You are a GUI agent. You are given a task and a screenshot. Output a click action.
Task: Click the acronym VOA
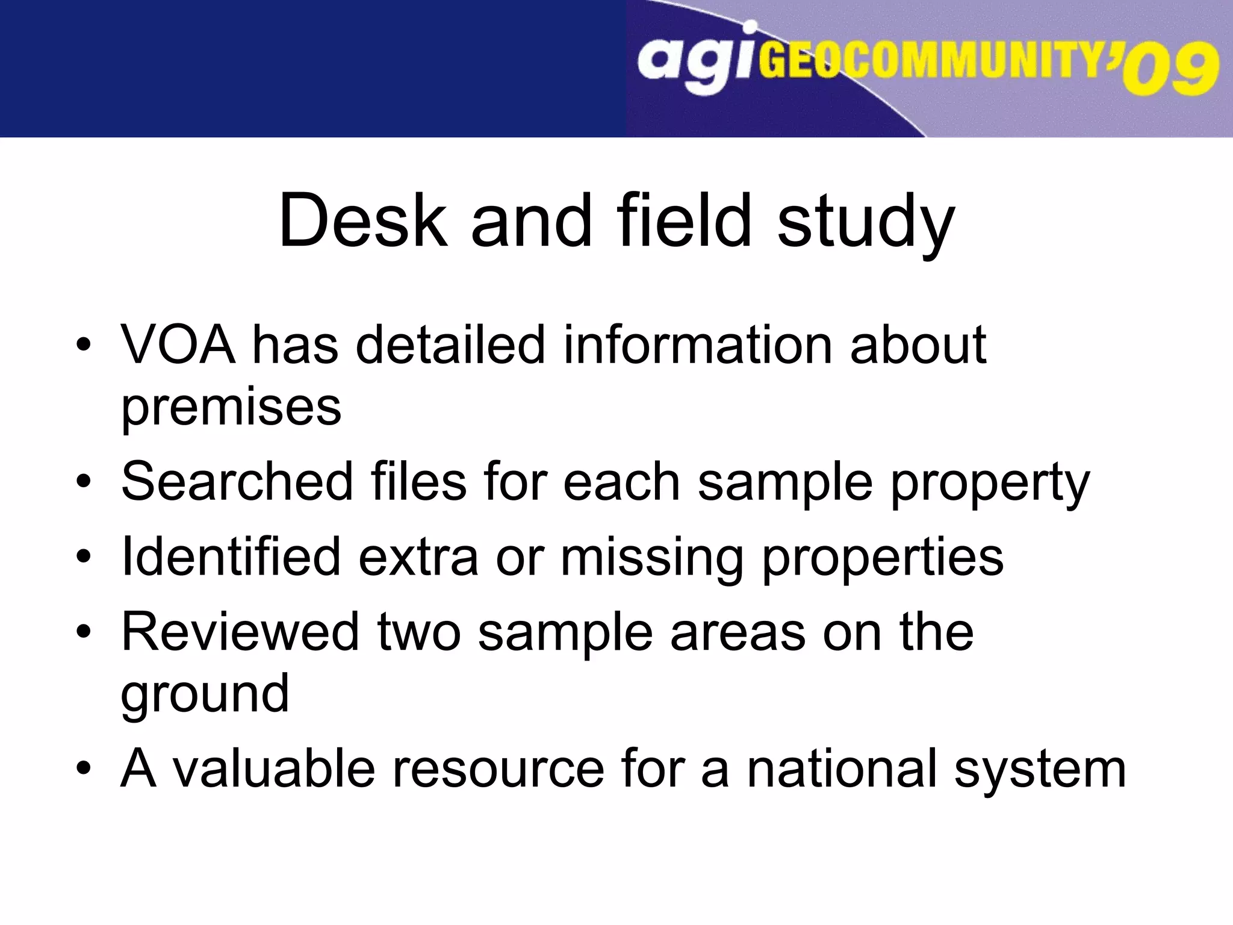(178, 345)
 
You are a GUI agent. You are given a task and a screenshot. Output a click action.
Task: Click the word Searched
(237, 482)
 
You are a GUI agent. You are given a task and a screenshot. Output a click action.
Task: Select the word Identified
(231, 557)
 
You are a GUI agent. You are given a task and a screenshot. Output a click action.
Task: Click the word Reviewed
(240, 632)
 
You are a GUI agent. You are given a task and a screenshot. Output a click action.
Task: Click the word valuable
(273, 769)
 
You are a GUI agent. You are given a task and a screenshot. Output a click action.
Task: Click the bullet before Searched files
(84, 482)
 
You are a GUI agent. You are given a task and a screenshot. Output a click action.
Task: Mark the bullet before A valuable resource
(84, 769)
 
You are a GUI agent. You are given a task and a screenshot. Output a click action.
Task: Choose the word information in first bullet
(697, 345)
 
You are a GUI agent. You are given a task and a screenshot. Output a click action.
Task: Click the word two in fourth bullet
(419, 632)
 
